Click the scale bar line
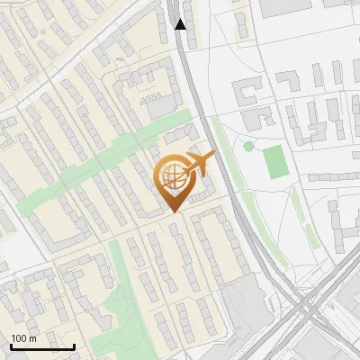click(x=42, y=347)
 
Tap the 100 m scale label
click(x=23, y=338)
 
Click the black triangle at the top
click(x=181, y=23)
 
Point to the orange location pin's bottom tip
click(x=174, y=211)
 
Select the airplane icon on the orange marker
click(x=198, y=164)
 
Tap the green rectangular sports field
click(x=276, y=160)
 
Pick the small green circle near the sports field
click(x=249, y=146)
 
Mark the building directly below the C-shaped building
click(x=260, y=117)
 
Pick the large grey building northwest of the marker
click(x=163, y=107)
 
